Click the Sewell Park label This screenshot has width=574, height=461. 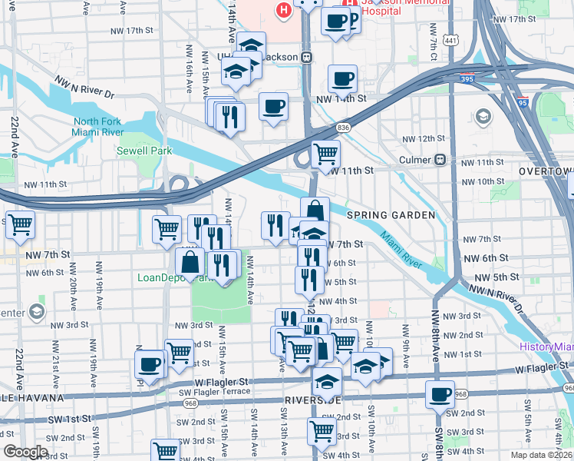(144, 151)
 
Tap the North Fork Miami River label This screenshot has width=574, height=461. (98, 127)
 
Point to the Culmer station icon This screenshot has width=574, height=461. (440, 160)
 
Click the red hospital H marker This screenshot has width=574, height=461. (284, 11)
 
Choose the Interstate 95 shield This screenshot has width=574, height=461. (522, 102)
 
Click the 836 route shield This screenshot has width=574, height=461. (343, 127)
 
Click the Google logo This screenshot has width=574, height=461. (25, 452)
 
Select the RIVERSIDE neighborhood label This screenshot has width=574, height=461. (312, 400)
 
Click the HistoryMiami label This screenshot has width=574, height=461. (546, 347)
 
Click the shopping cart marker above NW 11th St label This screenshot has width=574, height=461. (325, 153)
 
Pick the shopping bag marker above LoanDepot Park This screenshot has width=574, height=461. (190, 261)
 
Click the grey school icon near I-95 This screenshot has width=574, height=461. (483, 117)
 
